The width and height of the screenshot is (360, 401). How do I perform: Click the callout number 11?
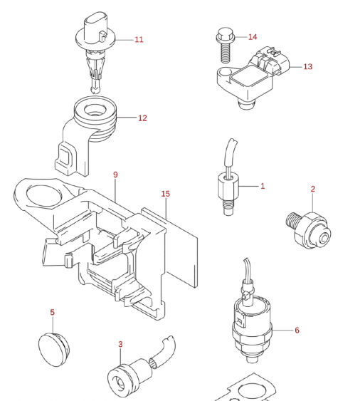139,39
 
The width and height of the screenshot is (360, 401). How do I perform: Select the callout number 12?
142,118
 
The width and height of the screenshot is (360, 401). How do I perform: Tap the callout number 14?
253,36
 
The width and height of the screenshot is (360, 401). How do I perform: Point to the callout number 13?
307,66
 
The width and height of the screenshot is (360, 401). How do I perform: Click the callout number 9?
115,175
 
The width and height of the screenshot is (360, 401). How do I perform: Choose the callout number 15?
165,194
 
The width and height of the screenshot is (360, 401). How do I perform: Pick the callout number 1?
262,186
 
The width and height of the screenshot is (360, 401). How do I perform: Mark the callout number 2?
312,189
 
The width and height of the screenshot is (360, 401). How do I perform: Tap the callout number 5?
52,312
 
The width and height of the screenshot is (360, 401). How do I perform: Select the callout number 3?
120,345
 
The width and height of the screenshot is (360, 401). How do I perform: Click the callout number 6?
297,330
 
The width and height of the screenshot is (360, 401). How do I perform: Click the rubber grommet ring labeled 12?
95,115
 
